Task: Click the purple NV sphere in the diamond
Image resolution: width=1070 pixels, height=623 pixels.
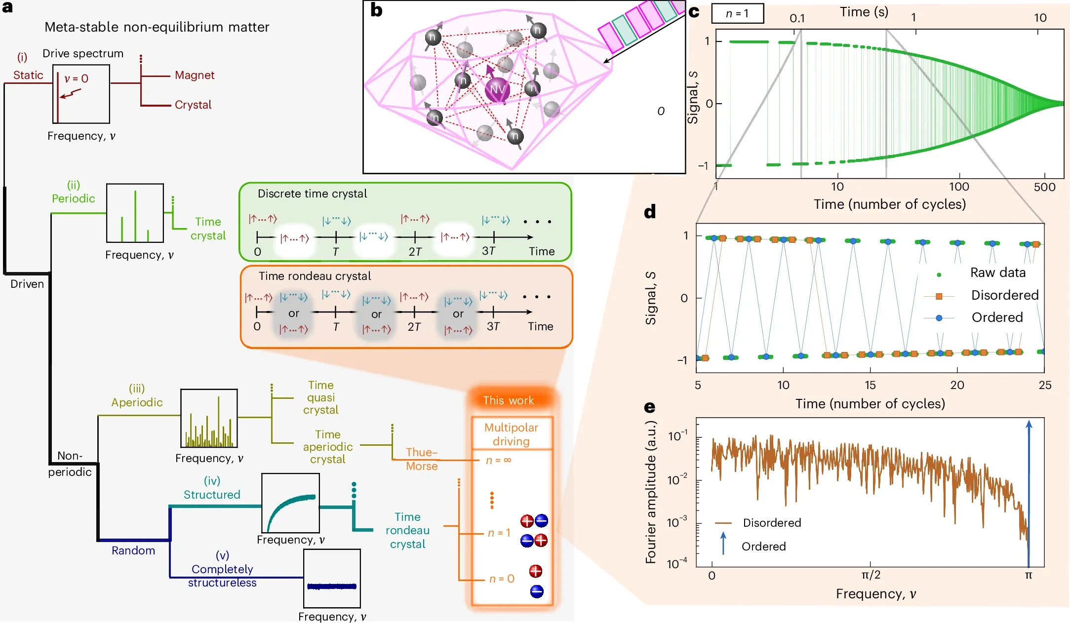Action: [497, 89]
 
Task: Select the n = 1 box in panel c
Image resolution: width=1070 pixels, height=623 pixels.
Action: [737, 14]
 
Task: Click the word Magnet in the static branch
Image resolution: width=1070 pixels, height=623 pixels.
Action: [195, 75]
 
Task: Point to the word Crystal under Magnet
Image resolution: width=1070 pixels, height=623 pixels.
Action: [193, 105]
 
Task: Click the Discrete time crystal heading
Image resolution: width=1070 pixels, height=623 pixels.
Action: [312, 194]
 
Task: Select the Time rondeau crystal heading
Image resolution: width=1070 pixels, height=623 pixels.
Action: [315, 276]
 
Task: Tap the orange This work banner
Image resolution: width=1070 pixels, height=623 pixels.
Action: [508, 400]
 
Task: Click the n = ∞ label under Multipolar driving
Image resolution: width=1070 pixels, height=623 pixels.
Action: [498, 460]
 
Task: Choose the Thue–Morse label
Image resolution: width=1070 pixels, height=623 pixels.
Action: [422, 459]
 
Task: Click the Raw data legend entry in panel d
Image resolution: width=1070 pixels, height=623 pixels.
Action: [997, 273]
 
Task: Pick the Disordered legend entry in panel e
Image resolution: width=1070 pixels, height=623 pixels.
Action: [772, 523]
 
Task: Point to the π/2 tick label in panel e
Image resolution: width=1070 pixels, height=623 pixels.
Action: [871, 575]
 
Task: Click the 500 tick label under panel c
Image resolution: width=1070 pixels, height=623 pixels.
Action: [1044, 187]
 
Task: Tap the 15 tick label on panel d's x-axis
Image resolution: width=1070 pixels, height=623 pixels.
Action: [870, 385]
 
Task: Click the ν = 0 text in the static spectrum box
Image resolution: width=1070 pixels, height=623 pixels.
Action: [77, 78]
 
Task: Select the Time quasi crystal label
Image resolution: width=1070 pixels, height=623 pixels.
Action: [320, 397]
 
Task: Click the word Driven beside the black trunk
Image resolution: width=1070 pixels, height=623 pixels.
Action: [27, 284]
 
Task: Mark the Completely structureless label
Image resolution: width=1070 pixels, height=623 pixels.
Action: [222, 576]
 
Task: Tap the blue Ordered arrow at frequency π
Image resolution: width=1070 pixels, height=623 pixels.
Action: [1029, 494]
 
